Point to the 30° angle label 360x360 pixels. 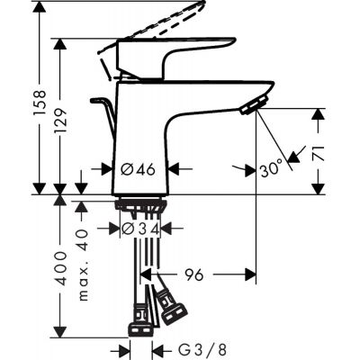[271, 167]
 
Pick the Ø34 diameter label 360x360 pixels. [141, 229]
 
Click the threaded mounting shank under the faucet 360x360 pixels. [142, 210]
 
